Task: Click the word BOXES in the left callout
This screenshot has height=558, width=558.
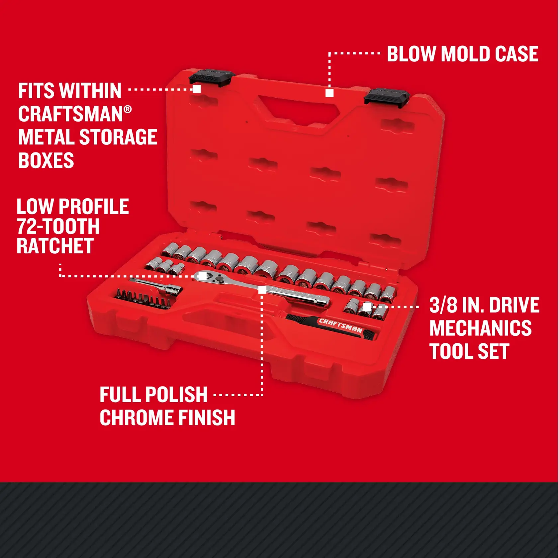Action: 46,160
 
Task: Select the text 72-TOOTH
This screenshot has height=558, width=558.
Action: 58,227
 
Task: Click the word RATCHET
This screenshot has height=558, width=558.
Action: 55,246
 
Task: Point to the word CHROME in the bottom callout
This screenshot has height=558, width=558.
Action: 134,418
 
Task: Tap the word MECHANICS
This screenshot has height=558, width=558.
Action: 480,328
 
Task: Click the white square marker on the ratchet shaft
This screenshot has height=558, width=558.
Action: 262,290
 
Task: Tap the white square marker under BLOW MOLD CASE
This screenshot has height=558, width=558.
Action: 329,93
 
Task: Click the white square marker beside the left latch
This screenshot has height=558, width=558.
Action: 197,89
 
